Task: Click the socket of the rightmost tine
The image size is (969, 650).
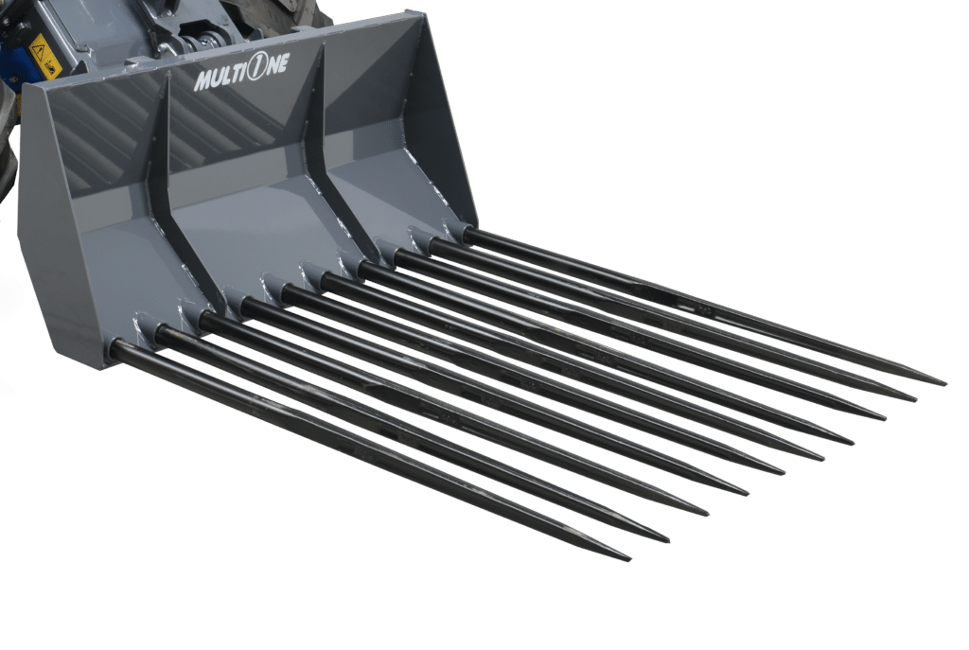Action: pyautogui.click(x=458, y=230)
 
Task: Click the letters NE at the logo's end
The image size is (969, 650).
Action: pyautogui.click(x=278, y=66)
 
